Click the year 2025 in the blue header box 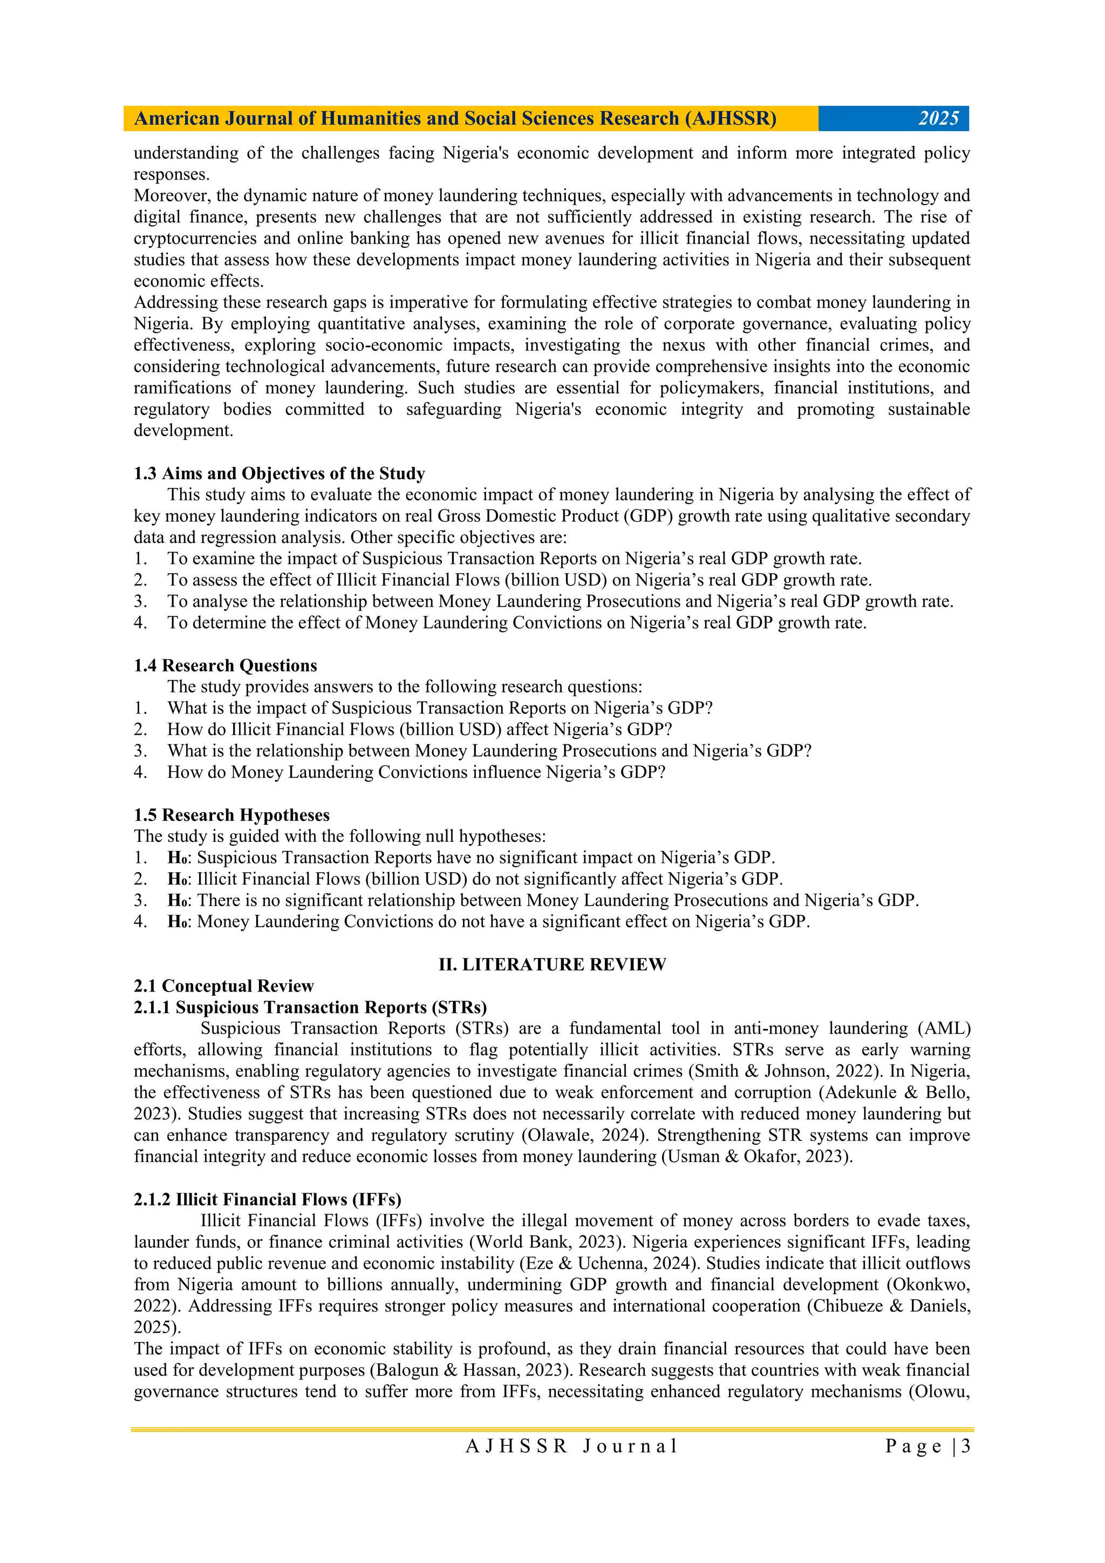[x=938, y=118]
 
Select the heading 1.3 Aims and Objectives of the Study [x=279, y=473]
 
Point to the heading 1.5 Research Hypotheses [x=231, y=815]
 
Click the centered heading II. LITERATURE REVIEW [x=552, y=964]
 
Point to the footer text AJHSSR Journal [x=571, y=1446]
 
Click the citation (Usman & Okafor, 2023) [x=756, y=1156]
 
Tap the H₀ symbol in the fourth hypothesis [x=179, y=922]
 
